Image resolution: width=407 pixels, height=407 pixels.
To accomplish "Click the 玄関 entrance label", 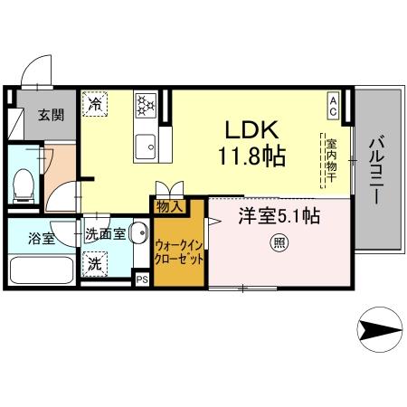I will coord(37,114).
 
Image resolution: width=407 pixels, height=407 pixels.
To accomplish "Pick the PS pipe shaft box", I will coord(142,279).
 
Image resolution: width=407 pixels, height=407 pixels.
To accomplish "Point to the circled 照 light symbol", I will coord(279,241).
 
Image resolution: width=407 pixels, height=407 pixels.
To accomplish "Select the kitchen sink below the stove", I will coord(146,144).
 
